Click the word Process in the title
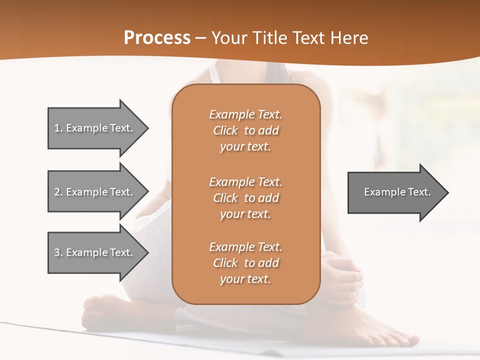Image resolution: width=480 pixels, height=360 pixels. (157, 38)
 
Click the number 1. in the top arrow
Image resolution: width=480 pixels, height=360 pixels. (58, 128)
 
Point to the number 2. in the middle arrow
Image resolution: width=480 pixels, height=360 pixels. (58, 192)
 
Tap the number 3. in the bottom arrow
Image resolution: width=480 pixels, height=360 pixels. (58, 252)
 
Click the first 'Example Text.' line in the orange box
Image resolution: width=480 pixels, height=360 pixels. (245, 114)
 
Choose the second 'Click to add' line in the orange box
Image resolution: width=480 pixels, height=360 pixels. (245, 198)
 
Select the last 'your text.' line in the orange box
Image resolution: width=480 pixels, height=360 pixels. (245, 279)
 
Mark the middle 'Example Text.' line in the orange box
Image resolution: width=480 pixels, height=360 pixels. (245, 182)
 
